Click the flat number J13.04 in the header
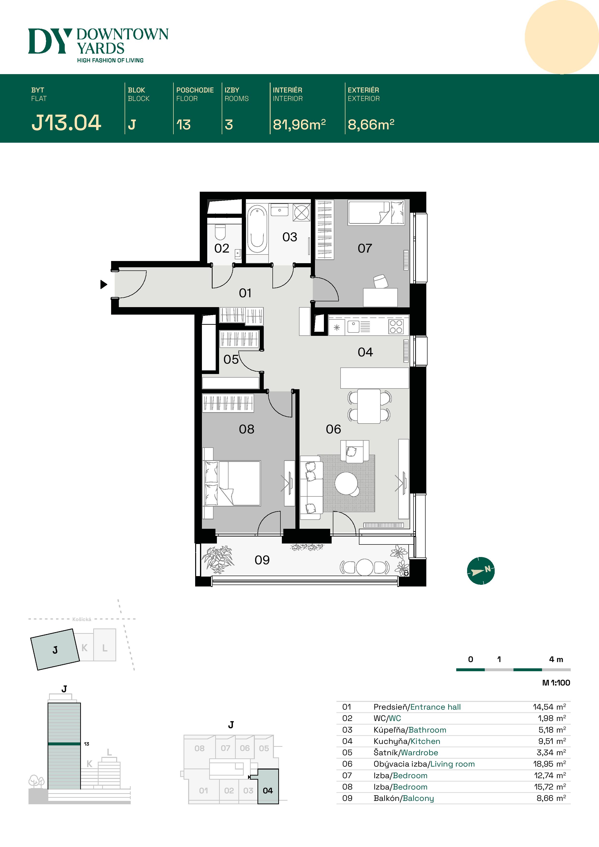[x=66, y=123]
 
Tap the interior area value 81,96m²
[x=299, y=125]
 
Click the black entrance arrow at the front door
[x=104, y=284]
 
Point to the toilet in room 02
[x=220, y=232]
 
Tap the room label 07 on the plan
[x=365, y=248]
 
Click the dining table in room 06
[x=369, y=406]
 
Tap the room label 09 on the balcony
[x=262, y=560]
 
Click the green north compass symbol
[x=481, y=571]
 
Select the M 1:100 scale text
[x=556, y=683]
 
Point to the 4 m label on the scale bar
[x=556, y=659]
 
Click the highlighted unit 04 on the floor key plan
[x=268, y=791]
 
